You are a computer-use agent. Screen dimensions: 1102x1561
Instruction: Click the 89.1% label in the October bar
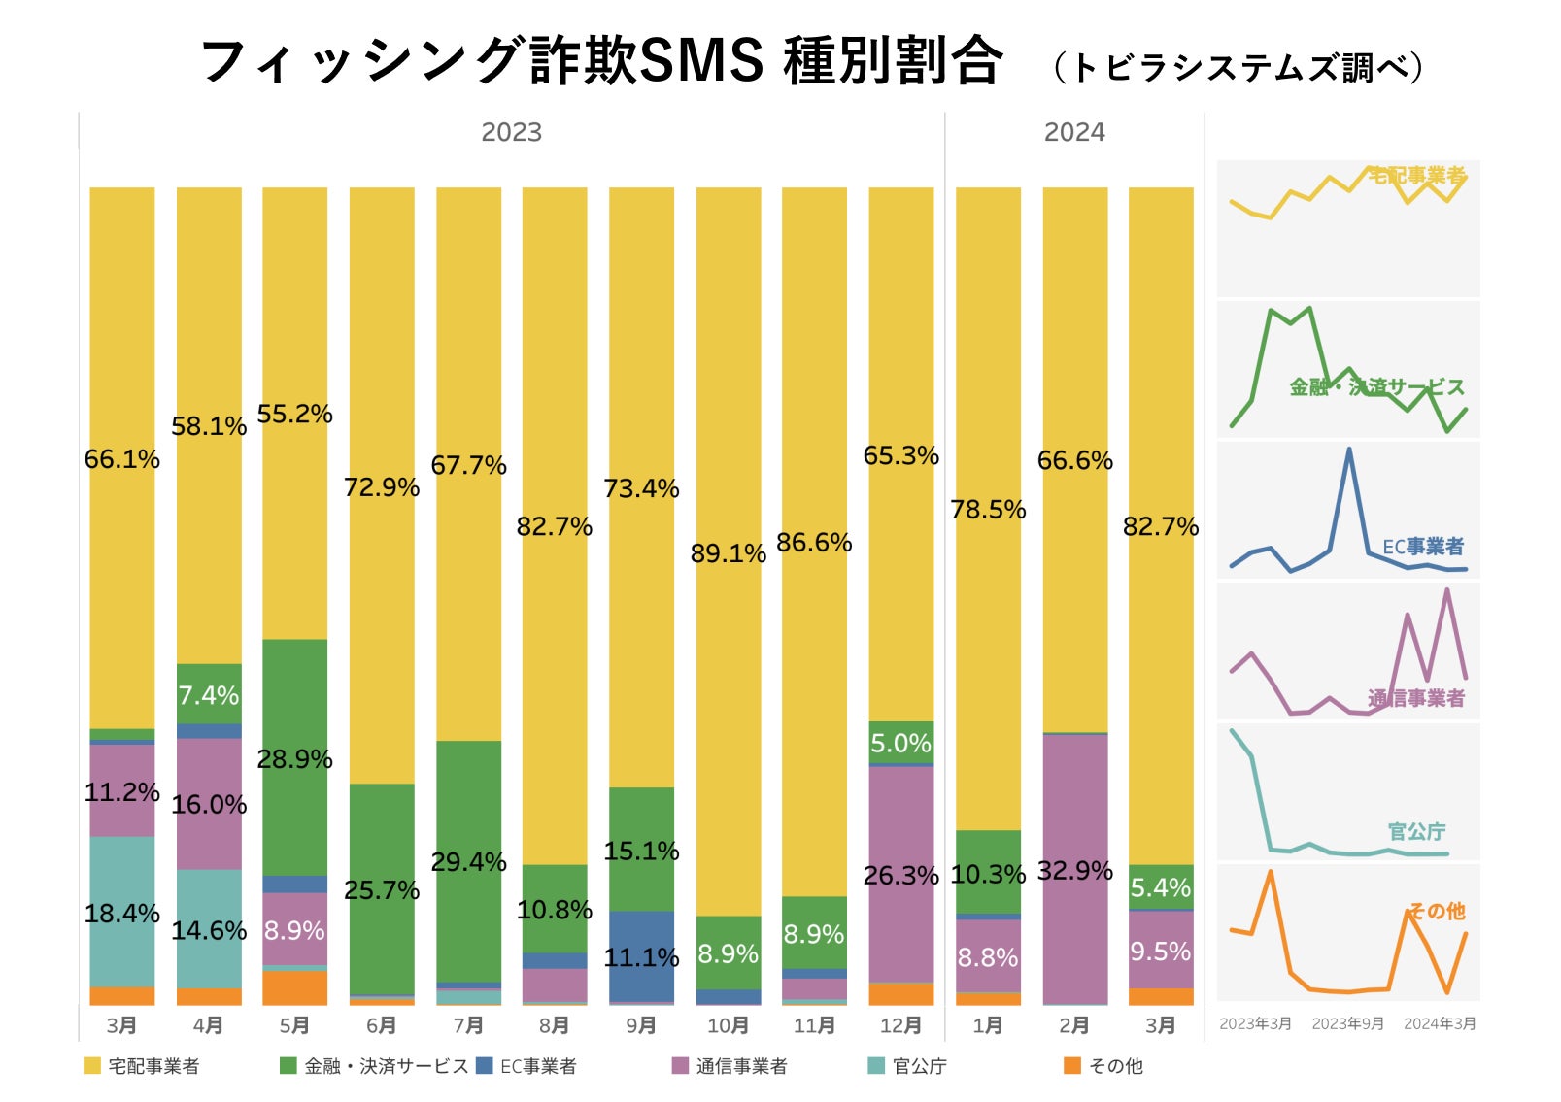[728, 553]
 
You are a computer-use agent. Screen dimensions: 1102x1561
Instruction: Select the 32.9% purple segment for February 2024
[1074, 869]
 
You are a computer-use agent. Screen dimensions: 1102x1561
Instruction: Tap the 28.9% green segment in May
[294, 757]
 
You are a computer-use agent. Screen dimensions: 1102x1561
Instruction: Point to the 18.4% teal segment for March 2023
[121, 912]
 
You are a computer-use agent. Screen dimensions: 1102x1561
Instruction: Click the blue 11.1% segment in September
[641, 956]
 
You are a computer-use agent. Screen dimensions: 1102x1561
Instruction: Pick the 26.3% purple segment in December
[900, 874]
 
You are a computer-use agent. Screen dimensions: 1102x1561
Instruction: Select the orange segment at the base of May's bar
[294, 987]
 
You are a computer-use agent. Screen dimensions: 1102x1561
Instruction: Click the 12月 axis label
[900, 1025]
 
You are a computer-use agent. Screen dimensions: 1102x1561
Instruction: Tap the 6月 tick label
[381, 1025]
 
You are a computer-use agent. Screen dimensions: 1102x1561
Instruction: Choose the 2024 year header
[1074, 132]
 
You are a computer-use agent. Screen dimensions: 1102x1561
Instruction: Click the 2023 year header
[511, 132]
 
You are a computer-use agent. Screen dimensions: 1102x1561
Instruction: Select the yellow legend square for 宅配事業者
[92, 1066]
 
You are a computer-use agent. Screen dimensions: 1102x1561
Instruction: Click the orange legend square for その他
[1072, 1066]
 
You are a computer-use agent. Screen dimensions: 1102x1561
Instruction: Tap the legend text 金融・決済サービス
[386, 1066]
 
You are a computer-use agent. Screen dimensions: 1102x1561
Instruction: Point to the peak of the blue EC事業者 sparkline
[1349, 450]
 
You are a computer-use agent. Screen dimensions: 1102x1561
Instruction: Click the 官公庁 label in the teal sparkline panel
[1416, 831]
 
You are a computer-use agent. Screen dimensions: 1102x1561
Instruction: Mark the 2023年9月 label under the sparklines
[1347, 1023]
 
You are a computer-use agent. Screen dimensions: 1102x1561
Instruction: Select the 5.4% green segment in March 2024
[1161, 886]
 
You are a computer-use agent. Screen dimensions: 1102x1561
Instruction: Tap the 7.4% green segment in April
[209, 694]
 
